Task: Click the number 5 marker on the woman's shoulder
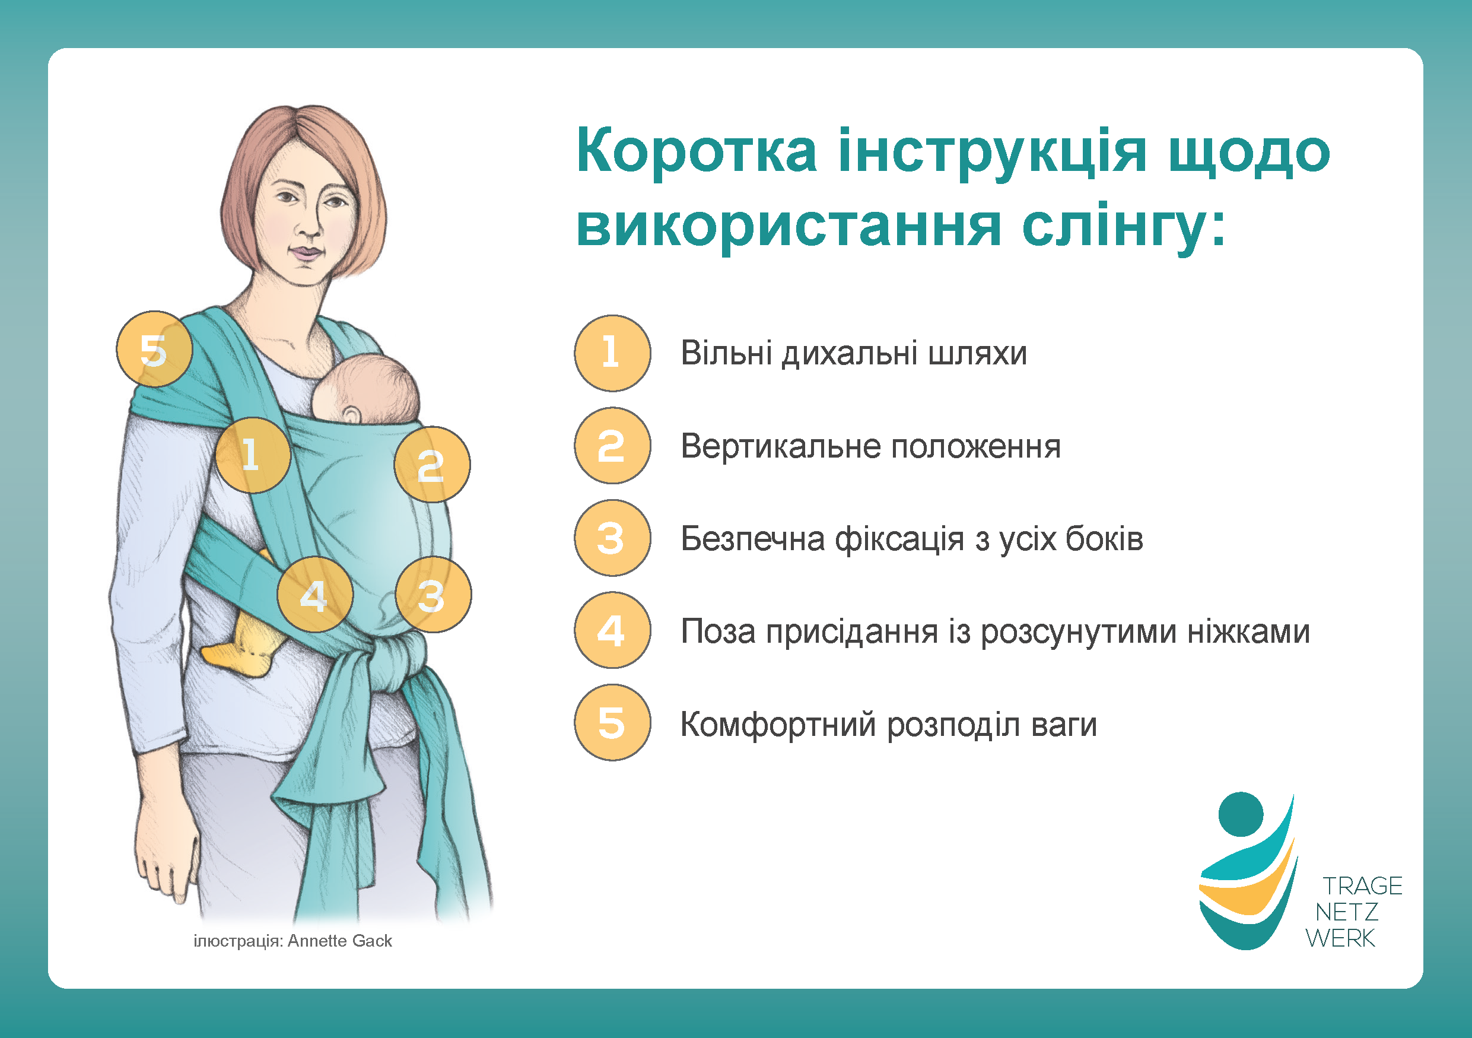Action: [154, 350]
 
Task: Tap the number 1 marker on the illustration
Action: [253, 455]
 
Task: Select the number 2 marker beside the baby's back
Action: [431, 465]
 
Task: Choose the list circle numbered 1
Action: [612, 353]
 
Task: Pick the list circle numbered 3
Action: [612, 538]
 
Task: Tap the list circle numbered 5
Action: [612, 722]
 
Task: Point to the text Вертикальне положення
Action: [870, 446]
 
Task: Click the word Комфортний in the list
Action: [778, 725]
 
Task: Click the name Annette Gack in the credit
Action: [340, 941]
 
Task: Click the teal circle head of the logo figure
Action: [1241, 814]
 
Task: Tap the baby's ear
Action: [351, 415]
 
